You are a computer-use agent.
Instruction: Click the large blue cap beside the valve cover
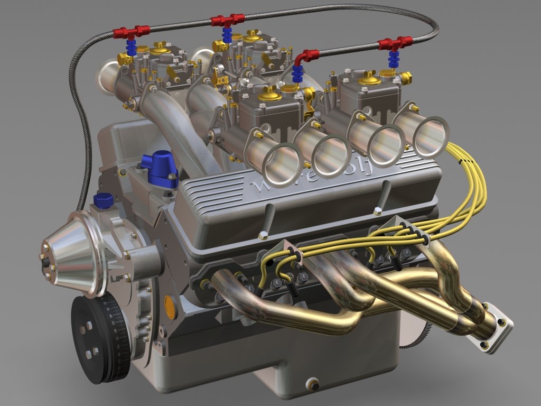click(x=158, y=168)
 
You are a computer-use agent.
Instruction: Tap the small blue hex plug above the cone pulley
click(x=102, y=201)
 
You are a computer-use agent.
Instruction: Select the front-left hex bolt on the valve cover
click(x=263, y=235)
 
